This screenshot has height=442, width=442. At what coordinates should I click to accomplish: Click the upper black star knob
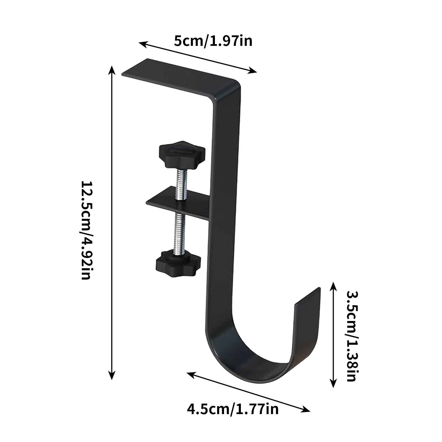(x=182, y=154)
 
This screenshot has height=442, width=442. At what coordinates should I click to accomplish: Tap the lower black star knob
(x=178, y=262)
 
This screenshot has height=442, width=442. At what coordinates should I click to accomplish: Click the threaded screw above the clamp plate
(x=180, y=180)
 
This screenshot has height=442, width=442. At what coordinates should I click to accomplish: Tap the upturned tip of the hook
(x=308, y=300)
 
